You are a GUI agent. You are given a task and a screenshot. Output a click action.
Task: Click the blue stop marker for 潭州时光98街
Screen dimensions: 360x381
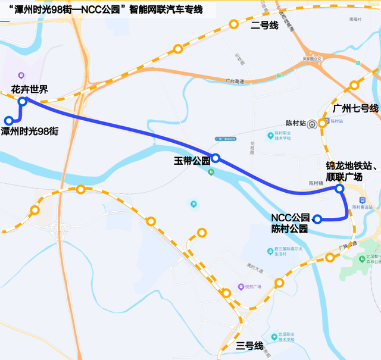pyautogui.click(x=8, y=120)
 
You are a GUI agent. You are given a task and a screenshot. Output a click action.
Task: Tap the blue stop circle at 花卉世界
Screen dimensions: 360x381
pyautogui.click(x=22, y=102)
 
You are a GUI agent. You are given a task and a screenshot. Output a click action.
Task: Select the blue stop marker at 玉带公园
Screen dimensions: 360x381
pyautogui.click(x=216, y=158)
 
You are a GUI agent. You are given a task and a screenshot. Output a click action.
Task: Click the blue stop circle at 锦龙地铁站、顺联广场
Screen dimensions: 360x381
pyautogui.click(x=339, y=189)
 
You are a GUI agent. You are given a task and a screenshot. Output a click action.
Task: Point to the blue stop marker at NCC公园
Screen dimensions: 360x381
pyautogui.click(x=317, y=219)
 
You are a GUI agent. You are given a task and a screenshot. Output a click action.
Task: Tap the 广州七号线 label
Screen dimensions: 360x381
pyautogui.click(x=355, y=108)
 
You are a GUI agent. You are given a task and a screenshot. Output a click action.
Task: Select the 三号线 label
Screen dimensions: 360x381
pyautogui.click(x=249, y=345)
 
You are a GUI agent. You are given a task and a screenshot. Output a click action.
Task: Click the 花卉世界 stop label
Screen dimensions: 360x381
pyautogui.click(x=29, y=90)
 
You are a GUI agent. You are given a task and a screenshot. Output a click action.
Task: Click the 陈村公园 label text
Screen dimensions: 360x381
pyautogui.click(x=289, y=228)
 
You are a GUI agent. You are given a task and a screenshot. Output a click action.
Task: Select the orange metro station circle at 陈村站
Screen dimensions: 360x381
pyautogui.click(x=323, y=123)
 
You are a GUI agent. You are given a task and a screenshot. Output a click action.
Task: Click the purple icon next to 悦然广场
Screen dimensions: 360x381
pyautogui.click(x=241, y=286)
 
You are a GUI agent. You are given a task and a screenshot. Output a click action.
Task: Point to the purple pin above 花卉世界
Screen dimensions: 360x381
pyautogui.click(x=21, y=76)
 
